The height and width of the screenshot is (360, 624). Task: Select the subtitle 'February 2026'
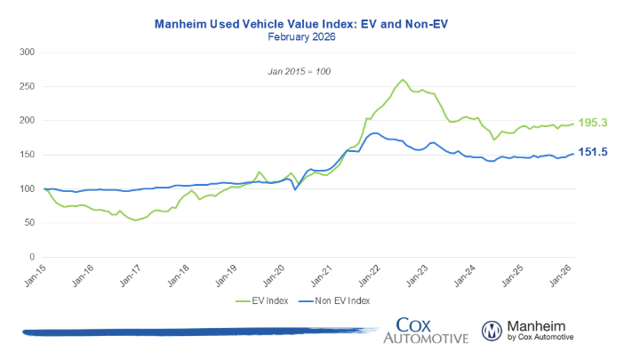click(x=311, y=36)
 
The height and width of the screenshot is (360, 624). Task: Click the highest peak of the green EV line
click(x=404, y=79)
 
